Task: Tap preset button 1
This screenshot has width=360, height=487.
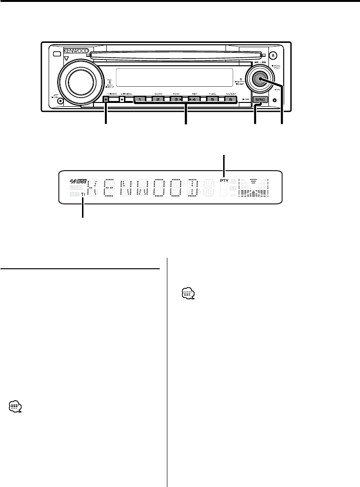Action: pos(140,100)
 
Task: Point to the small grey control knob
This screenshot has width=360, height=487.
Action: pos(259,80)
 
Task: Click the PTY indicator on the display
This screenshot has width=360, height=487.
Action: pos(224,181)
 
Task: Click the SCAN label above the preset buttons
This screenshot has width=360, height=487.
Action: pos(158,94)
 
